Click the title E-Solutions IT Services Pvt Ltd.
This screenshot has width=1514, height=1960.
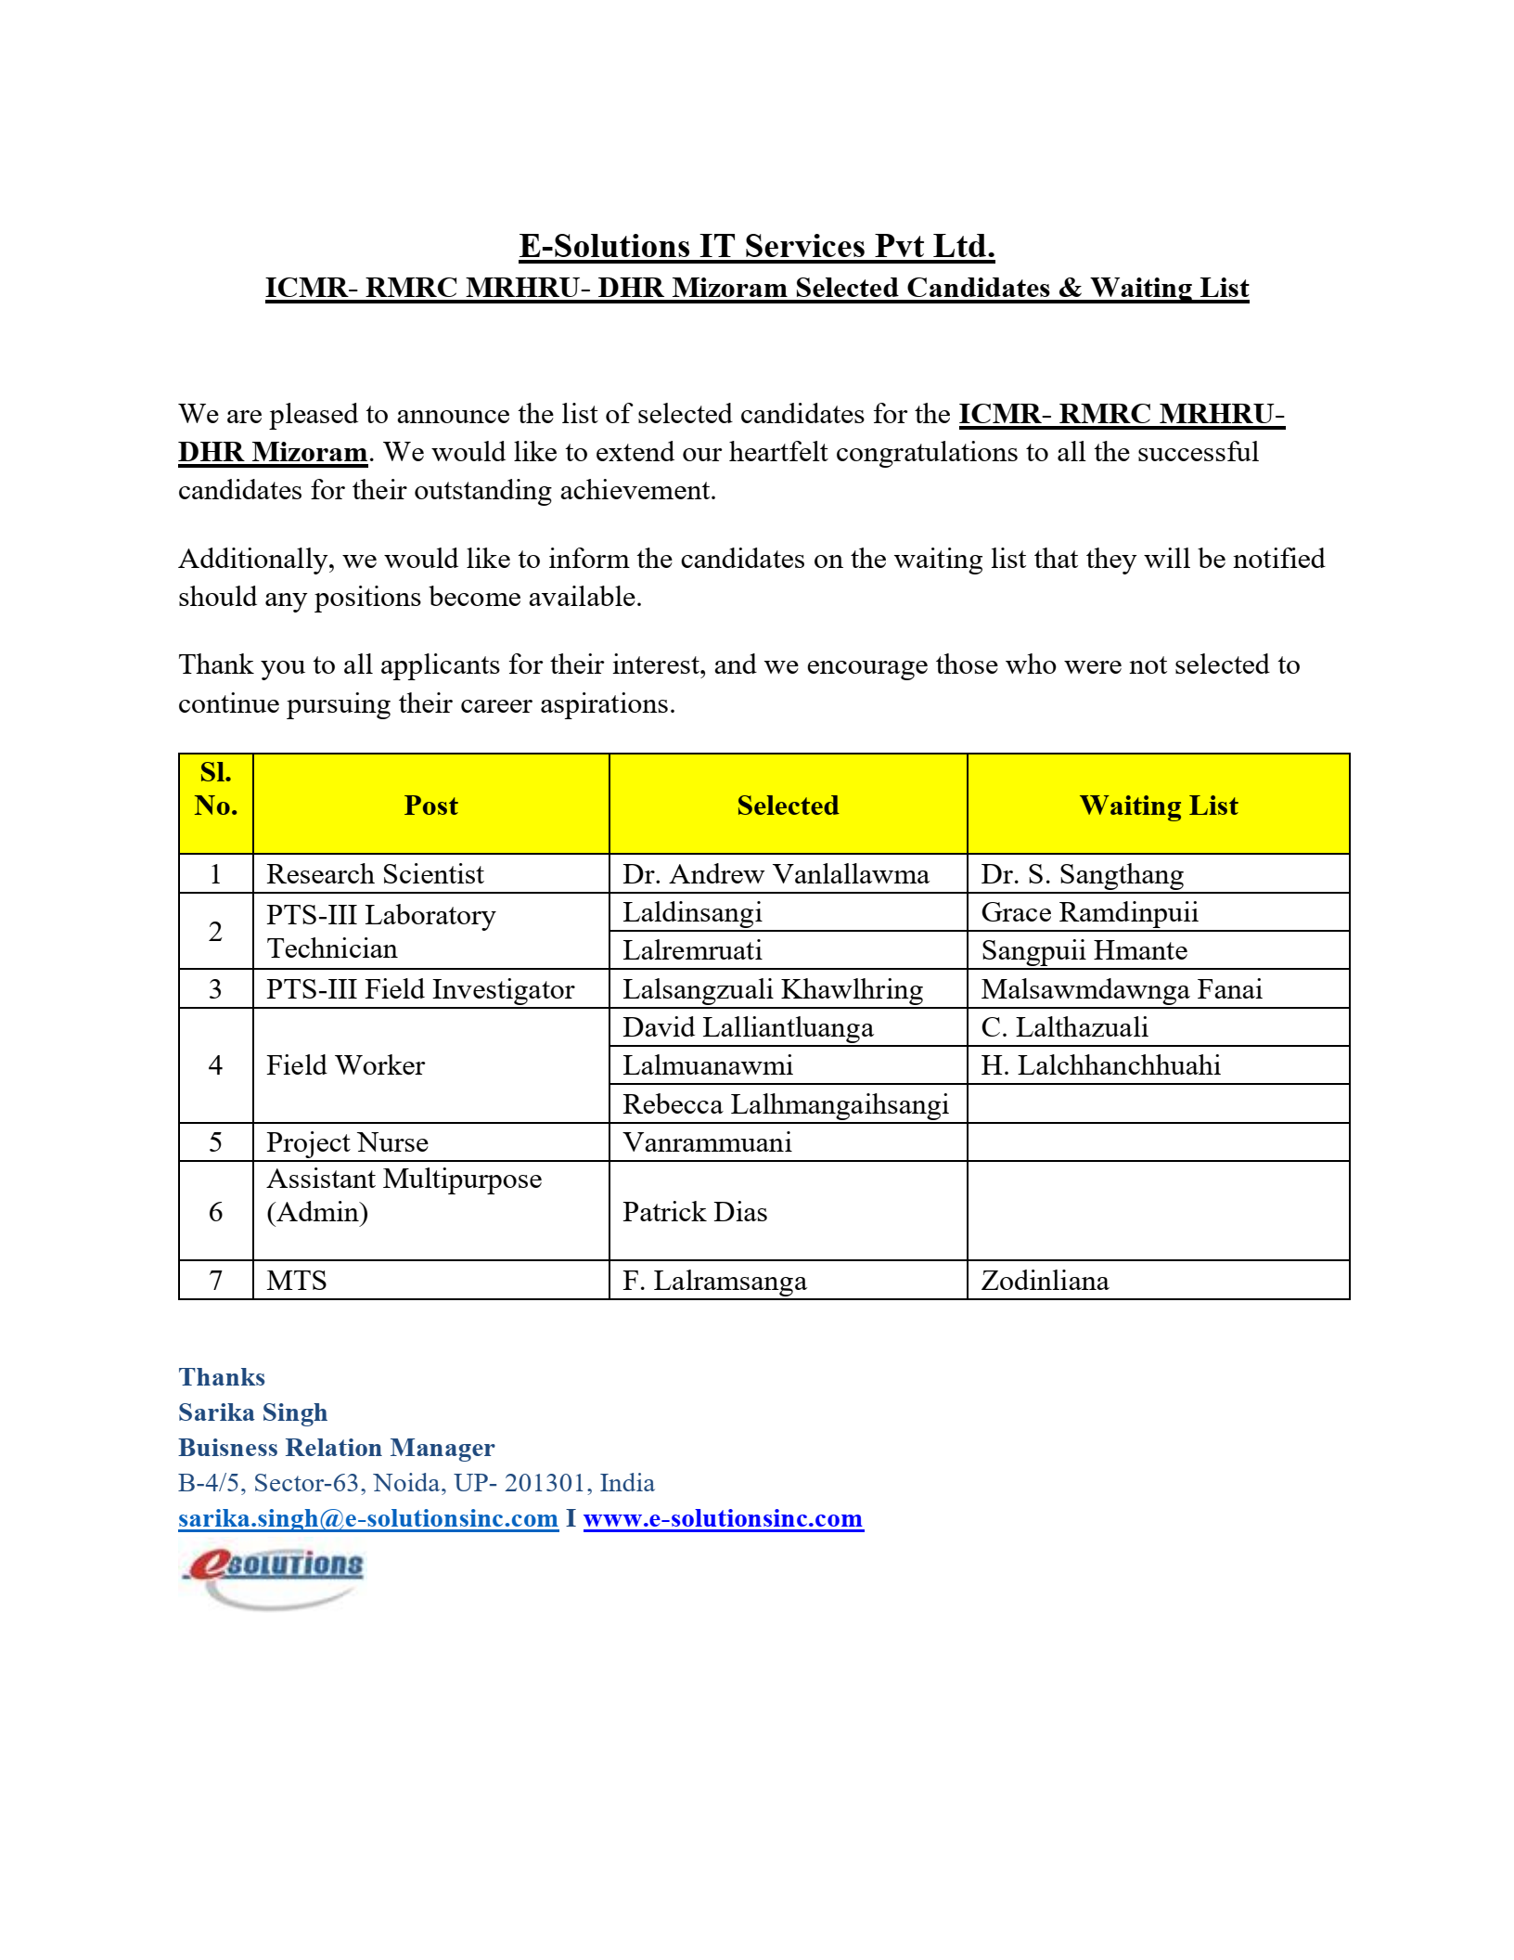pos(756,246)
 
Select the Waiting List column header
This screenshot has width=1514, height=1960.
pos(1158,806)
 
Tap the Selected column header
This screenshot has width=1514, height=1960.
pos(788,806)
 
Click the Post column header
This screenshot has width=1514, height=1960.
pos(430,806)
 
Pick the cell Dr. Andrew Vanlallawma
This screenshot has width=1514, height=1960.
pos(776,874)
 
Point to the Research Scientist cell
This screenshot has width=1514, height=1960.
pos(375,874)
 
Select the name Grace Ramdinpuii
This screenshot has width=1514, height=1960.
pos(1089,912)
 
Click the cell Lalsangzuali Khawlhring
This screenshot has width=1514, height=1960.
pos(773,989)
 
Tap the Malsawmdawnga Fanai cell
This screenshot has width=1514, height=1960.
pos(1122,989)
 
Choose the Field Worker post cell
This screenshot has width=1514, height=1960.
pos(345,1065)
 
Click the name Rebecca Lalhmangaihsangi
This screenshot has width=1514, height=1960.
pos(785,1104)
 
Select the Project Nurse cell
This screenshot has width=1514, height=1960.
pos(347,1142)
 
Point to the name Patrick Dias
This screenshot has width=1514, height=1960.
pos(695,1212)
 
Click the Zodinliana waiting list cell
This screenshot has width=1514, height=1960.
pos(1045,1281)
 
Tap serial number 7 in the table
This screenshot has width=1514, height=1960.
pos(215,1281)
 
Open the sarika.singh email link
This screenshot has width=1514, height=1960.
pos(367,1518)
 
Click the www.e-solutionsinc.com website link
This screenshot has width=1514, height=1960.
pos(723,1518)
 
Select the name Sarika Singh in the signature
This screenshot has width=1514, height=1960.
pos(252,1412)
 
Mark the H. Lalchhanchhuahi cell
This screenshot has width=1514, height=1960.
pos(1100,1065)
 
